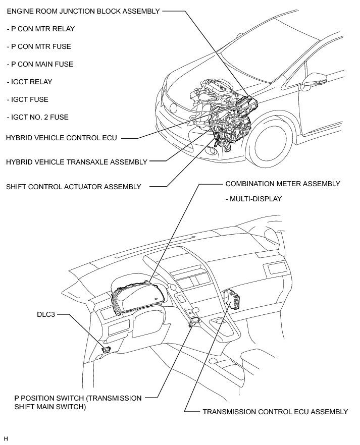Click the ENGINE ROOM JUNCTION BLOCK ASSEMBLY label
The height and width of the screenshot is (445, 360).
pos(83,11)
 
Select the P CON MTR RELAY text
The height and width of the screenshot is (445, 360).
pos(40,29)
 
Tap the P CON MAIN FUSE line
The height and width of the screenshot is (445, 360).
pos(40,64)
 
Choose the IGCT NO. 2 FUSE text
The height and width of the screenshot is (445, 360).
pos(37,117)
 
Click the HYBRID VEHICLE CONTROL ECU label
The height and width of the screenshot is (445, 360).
pos(61,138)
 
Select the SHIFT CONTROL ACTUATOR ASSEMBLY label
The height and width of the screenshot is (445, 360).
pos(74,187)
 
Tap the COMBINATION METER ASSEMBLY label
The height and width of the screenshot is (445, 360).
pos(283,184)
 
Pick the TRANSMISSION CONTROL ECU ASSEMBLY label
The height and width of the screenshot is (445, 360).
pos(275,412)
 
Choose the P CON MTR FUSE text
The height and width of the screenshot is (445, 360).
pos(39,46)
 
